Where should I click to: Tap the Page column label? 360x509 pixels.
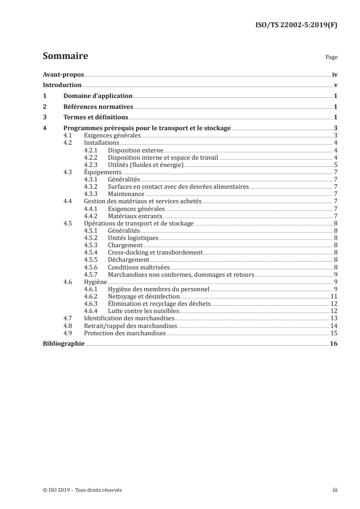pyautogui.click(x=332, y=58)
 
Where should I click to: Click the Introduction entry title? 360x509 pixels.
pyautogui.click(x=62, y=85)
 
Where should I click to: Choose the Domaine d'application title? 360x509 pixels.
pyautogui.click(x=98, y=96)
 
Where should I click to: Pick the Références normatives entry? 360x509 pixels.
pyautogui.click(x=98, y=107)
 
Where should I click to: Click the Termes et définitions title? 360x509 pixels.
pyautogui.click(x=96, y=118)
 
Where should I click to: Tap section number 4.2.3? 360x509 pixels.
pyautogui.click(x=91, y=165)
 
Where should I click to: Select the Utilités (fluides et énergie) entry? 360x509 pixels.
pyautogui.click(x=145, y=165)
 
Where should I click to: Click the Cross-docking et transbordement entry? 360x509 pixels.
pyautogui.click(x=155, y=252)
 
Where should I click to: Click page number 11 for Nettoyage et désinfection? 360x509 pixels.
pyautogui.click(x=333, y=296)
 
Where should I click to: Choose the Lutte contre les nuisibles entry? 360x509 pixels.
pyautogui.click(x=143, y=311)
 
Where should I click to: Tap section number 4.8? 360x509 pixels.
pyautogui.click(x=68, y=326)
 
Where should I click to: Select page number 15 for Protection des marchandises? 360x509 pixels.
pyautogui.click(x=333, y=333)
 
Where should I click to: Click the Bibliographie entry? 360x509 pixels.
pyautogui.click(x=64, y=344)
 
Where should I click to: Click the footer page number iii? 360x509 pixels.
pyautogui.click(x=335, y=490)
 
